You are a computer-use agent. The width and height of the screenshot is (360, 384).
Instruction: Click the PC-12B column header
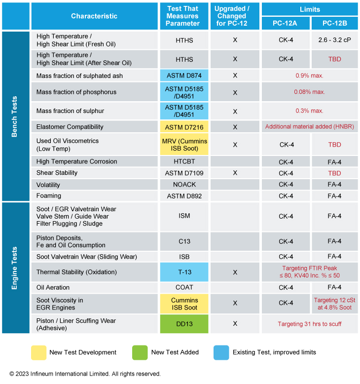(x=334, y=23)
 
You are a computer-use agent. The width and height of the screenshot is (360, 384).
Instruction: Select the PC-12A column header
(x=286, y=23)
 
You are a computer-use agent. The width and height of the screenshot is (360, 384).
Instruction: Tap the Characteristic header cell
(x=94, y=16)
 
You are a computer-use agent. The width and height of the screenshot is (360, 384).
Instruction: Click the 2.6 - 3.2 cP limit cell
(x=334, y=40)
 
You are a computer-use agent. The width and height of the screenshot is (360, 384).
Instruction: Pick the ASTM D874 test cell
(x=184, y=76)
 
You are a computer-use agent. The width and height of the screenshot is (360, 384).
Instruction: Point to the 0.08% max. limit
(x=310, y=92)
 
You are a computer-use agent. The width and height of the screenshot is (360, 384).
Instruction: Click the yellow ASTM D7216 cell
(x=184, y=127)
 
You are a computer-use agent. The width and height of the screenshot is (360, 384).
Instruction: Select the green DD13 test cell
(x=184, y=324)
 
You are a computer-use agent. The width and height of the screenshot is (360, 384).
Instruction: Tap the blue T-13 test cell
(x=184, y=272)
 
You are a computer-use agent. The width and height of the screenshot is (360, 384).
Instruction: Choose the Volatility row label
(x=48, y=185)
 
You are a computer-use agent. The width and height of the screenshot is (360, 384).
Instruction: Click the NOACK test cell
(x=184, y=185)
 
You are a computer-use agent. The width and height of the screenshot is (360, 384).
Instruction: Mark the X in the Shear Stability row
(x=235, y=173)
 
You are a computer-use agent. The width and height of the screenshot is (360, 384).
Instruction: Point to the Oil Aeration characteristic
(x=53, y=287)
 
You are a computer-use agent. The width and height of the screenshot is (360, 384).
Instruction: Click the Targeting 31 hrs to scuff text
(x=310, y=324)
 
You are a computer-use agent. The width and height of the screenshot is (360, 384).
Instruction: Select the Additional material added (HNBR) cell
(x=310, y=127)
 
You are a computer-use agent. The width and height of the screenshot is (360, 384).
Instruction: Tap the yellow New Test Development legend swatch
(x=38, y=352)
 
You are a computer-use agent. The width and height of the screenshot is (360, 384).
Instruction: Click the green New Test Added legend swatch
(x=140, y=352)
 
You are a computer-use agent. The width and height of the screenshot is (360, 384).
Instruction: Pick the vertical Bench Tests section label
(x=14, y=116)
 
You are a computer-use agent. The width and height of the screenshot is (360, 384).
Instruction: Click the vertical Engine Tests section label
(x=14, y=268)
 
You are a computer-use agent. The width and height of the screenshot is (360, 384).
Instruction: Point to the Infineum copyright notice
(x=85, y=374)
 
